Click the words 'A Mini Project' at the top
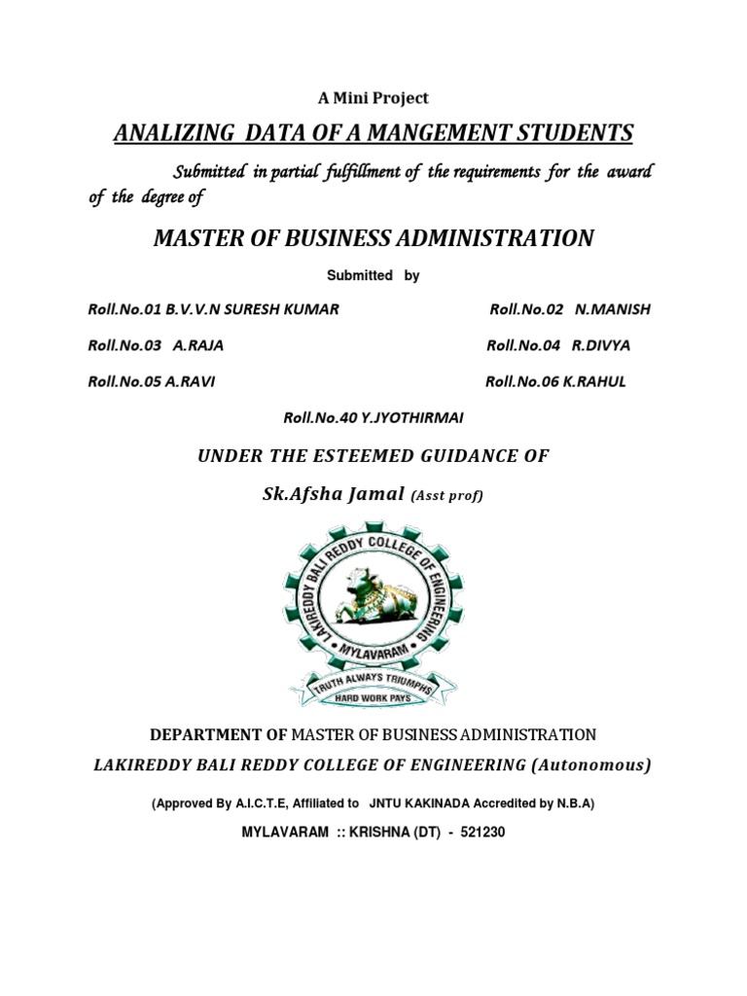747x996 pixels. [373, 98]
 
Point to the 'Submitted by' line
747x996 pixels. [373, 276]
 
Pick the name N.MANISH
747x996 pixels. [613, 310]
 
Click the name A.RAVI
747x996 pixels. [190, 381]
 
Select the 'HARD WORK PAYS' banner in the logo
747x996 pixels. [373, 697]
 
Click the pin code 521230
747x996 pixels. [475, 834]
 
